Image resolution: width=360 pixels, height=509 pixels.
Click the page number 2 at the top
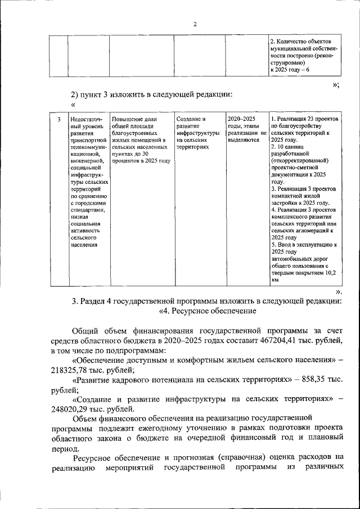coord(195,24)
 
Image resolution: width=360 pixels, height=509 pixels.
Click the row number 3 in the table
coord(59,119)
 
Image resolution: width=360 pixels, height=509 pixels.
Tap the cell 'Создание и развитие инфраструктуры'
coord(198,133)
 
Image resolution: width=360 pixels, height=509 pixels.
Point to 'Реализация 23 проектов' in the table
coord(308,119)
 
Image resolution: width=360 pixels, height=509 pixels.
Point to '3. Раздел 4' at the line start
coord(95,301)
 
